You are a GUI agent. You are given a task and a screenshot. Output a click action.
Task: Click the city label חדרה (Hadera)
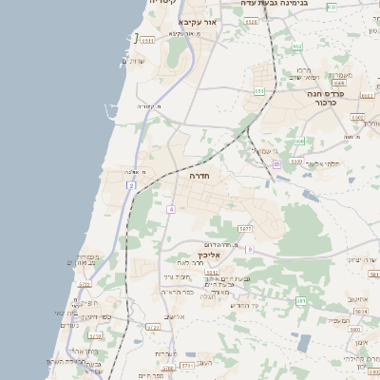(199, 177)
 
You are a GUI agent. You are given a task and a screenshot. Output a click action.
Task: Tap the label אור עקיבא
(199, 22)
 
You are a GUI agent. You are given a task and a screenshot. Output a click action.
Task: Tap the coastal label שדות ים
(134, 61)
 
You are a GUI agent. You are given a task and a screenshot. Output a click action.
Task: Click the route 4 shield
(171, 209)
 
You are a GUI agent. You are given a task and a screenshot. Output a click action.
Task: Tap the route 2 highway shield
(130, 186)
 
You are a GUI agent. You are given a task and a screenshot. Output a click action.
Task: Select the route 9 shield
(249, 249)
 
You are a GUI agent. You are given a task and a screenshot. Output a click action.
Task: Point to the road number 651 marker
(259, 91)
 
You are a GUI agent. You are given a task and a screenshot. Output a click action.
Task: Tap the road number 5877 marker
(245, 229)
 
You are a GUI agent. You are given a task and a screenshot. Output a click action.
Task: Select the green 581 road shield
(300, 301)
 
